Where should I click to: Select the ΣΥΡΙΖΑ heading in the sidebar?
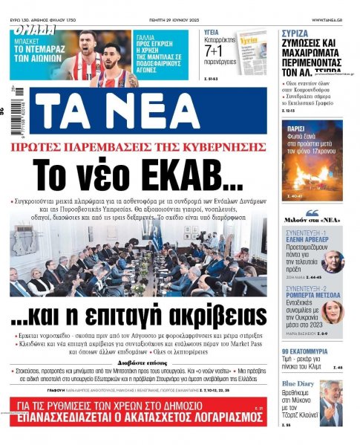pyautogui.click(x=298, y=33)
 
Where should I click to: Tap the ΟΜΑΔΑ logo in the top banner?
pyautogui.click(x=33, y=30)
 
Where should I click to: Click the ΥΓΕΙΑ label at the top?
pyautogui.click(x=217, y=33)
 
